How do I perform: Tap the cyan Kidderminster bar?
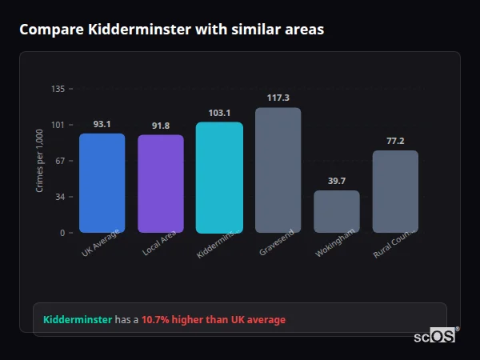[x=219, y=177]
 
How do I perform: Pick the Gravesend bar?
[x=278, y=170]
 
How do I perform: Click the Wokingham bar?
[x=337, y=211]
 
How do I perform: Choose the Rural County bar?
[x=395, y=191]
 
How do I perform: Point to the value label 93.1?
[x=102, y=124]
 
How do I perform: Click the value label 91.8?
[x=161, y=126]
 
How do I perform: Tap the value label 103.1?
[x=219, y=113]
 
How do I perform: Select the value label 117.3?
[x=278, y=98]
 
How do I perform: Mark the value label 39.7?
[x=337, y=181]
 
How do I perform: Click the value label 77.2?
[x=395, y=141]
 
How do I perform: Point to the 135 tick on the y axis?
[x=58, y=89]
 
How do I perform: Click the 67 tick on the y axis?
[x=60, y=161]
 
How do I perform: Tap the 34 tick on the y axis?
[x=60, y=197]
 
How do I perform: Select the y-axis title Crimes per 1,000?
[x=39, y=161]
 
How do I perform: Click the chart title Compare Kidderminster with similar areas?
[x=171, y=30]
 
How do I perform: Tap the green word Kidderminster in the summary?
[x=78, y=320]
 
